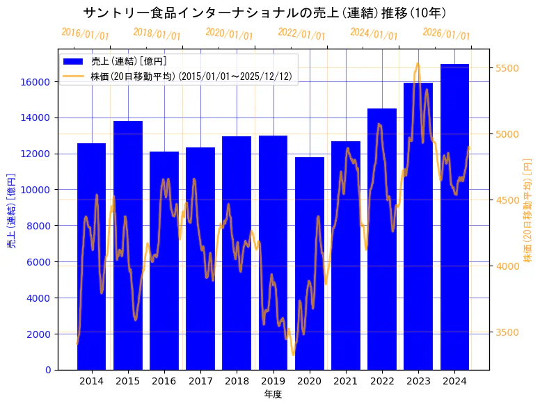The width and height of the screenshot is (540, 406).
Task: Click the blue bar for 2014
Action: click(91, 257)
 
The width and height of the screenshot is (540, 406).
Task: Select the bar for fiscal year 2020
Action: click(309, 263)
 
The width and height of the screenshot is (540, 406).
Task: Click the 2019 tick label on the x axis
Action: click(273, 381)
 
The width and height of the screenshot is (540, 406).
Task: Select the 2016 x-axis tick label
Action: click(164, 381)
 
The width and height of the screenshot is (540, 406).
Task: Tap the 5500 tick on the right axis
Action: click(506, 68)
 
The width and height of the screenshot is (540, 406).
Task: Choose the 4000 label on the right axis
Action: click(506, 266)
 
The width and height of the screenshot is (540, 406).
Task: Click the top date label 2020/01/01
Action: click(230, 34)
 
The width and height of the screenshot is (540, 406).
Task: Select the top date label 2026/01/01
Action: click(447, 34)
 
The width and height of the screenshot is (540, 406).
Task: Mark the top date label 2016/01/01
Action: click(85, 34)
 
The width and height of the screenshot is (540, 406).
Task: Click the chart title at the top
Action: click(264, 13)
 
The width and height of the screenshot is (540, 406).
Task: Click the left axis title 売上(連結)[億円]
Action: click(11, 210)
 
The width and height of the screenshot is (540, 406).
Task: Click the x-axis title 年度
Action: click(273, 394)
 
